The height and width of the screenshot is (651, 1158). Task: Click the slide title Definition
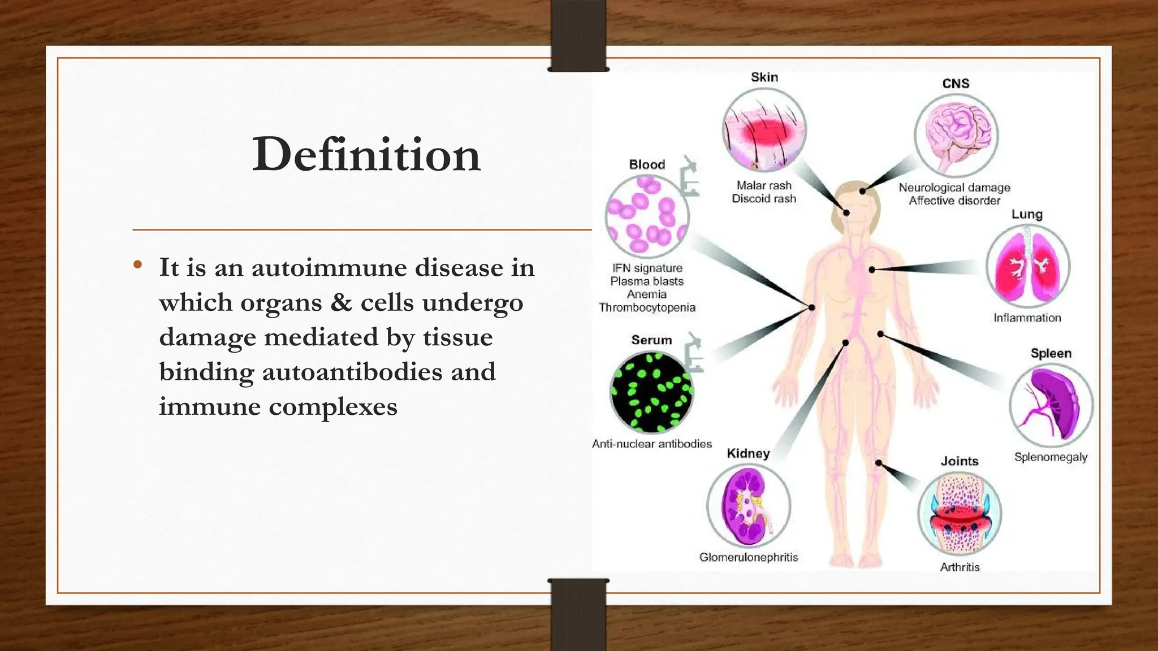(366, 154)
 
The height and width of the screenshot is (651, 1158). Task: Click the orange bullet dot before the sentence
(137, 264)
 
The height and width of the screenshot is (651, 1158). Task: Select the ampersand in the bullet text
(341, 302)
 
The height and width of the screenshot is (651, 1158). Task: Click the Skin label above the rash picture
(764, 77)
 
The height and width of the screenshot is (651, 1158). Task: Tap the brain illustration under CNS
(956, 136)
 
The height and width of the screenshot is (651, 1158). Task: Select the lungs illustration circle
(1028, 266)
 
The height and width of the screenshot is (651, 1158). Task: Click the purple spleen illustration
(1051, 405)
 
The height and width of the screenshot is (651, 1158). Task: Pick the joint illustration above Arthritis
(960, 514)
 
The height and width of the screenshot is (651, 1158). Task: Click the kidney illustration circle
(749, 505)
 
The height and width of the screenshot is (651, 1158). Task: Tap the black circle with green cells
(651, 392)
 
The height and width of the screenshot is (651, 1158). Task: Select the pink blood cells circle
(647, 216)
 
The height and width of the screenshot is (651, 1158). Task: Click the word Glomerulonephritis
(749, 557)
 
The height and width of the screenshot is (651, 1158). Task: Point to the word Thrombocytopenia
(647, 307)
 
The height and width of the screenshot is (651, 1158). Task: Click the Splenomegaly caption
(1051, 457)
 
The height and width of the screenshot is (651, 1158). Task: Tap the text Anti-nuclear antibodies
(651, 444)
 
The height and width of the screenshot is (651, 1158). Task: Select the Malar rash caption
(764, 185)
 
